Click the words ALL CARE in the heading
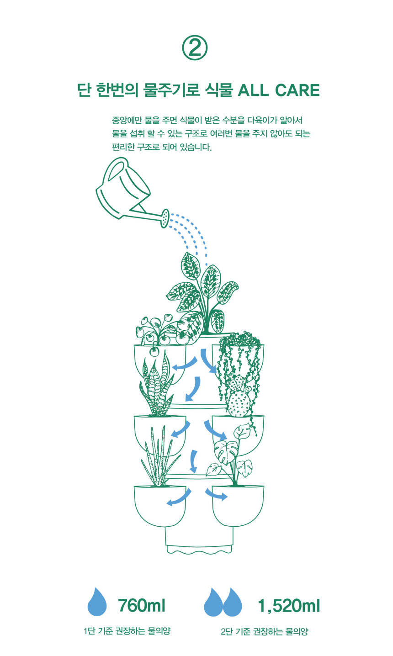278,90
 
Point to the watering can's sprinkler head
165,218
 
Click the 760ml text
142,605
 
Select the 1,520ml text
289,606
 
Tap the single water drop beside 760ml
97,601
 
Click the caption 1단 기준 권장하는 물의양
127,631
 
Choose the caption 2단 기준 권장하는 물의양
265,631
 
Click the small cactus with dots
239,398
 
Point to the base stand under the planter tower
199,540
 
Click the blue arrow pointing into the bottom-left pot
179,497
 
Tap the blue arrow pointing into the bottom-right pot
216,494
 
